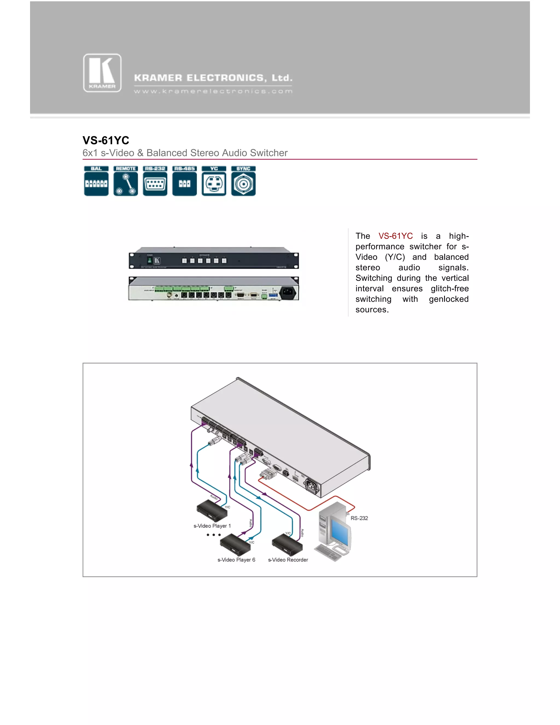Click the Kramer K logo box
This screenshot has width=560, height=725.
pos(102,73)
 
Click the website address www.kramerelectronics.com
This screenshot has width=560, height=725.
pos(213,91)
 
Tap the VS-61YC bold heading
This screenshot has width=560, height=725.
pos(106,140)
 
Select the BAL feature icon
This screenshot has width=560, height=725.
pos(96,181)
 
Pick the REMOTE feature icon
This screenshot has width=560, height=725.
pos(126,181)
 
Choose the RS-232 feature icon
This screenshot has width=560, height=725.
pos(155,181)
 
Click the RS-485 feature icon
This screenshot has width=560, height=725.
pos(185,181)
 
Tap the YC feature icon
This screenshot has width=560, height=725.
pos(214,181)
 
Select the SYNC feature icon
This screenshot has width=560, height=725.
pos(243,181)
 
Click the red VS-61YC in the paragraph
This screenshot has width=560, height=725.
pos(395,236)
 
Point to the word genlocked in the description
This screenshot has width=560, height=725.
pos(448,299)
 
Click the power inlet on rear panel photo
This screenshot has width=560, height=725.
pos(288,292)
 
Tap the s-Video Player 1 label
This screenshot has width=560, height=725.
pos(212,526)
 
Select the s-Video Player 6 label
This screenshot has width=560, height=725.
pos(236,560)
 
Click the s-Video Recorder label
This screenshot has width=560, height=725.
pos(288,560)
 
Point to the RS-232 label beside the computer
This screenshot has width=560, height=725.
pos(359,518)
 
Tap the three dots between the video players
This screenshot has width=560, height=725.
pos(213,535)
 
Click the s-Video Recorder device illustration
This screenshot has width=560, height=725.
pos(287,544)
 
